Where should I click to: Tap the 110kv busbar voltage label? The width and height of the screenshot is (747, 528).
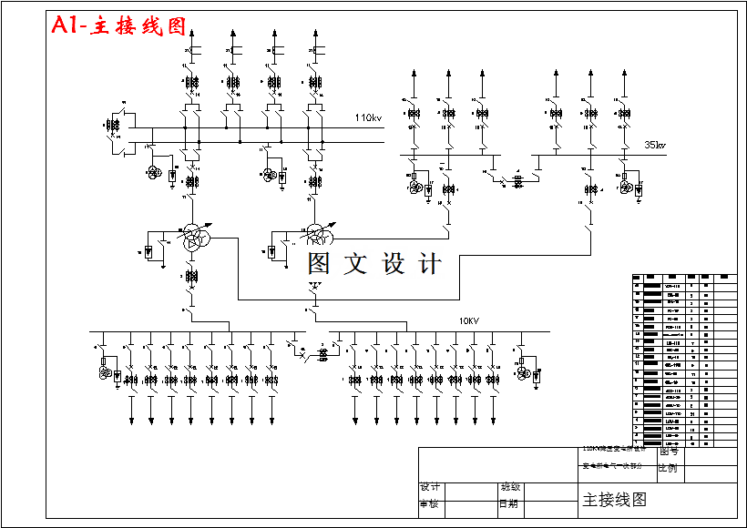(x=369, y=117)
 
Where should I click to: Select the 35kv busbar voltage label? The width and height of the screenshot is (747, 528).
(x=655, y=144)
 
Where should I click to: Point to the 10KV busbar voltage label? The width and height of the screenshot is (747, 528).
(x=468, y=321)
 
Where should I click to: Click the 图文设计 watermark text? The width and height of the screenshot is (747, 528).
(x=373, y=264)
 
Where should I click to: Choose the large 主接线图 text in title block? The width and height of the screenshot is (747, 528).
(x=614, y=499)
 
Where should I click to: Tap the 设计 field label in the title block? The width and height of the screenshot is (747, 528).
(x=431, y=487)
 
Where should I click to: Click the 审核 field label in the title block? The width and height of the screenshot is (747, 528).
(x=431, y=503)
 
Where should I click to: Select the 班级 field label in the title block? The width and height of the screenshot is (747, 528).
(x=510, y=487)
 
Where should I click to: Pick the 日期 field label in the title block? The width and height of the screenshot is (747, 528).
(x=510, y=503)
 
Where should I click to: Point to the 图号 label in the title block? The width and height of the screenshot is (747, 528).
(x=669, y=451)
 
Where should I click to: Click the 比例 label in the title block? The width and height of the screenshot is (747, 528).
(x=669, y=468)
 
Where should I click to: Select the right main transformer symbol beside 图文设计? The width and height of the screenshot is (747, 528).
(x=318, y=236)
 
